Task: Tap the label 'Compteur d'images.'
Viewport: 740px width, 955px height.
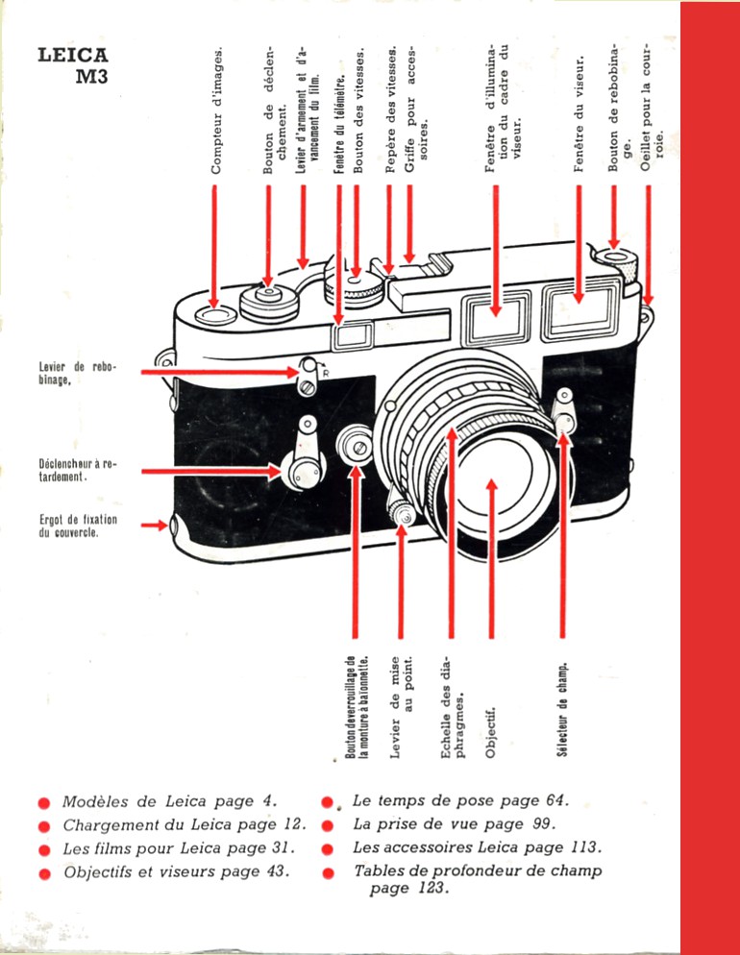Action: [x=217, y=110]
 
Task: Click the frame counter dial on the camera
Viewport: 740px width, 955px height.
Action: [x=215, y=312]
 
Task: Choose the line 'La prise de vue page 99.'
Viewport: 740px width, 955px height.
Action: [x=454, y=824]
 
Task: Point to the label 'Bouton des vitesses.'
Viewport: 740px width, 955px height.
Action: [x=358, y=110]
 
